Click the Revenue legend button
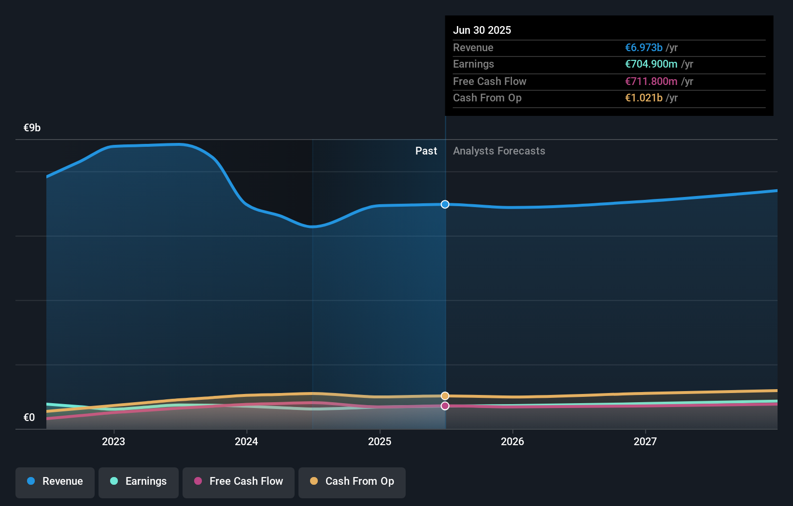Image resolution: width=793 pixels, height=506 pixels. pyautogui.click(x=55, y=481)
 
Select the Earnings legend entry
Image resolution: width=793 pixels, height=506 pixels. pyautogui.click(x=139, y=481)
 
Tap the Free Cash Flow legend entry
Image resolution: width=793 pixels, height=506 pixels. pyautogui.click(x=239, y=481)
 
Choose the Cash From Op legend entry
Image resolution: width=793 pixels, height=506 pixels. pyautogui.click(x=352, y=481)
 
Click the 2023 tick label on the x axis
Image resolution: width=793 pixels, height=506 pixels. pyautogui.click(x=113, y=441)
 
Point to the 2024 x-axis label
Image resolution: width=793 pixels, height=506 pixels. pyautogui.click(x=246, y=441)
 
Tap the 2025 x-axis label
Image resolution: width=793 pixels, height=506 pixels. pyautogui.click(x=380, y=441)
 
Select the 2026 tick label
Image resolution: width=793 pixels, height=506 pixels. pyautogui.click(x=512, y=441)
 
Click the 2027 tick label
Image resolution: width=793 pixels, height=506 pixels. pyautogui.click(x=645, y=441)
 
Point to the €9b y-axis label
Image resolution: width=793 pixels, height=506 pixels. pyautogui.click(x=32, y=127)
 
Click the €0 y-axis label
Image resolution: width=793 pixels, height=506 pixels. pyautogui.click(x=29, y=417)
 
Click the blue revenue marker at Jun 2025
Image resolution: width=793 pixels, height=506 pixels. pyautogui.click(x=445, y=204)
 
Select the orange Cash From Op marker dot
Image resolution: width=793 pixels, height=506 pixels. pyautogui.click(x=445, y=396)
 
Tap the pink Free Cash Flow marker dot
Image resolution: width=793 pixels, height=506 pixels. pyautogui.click(x=445, y=406)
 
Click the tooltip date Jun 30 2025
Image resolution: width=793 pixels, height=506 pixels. pyautogui.click(x=481, y=30)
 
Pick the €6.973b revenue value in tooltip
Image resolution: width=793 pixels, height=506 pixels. pyautogui.click(x=643, y=47)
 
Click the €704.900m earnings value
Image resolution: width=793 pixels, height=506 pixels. pyautogui.click(x=651, y=64)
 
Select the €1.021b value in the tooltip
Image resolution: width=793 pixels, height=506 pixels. pyautogui.click(x=643, y=98)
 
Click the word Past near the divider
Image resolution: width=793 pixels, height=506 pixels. pyautogui.click(x=426, y=151)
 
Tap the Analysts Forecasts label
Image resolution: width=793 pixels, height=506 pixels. pyautogui.click(x=499, y=151)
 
